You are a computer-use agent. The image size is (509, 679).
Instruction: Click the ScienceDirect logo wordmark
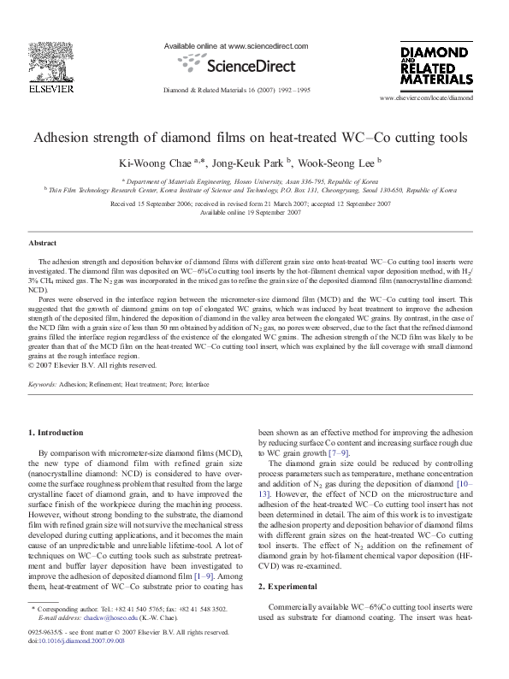pyautogui.click(x=237, y=64)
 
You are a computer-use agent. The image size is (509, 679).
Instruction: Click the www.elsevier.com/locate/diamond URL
pyautogui.click(x=426, y=98)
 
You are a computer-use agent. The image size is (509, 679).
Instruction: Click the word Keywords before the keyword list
pyautogui.click(x=42, y=386)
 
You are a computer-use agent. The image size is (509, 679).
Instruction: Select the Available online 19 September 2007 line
pyautogui.click(x=254, y=212)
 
